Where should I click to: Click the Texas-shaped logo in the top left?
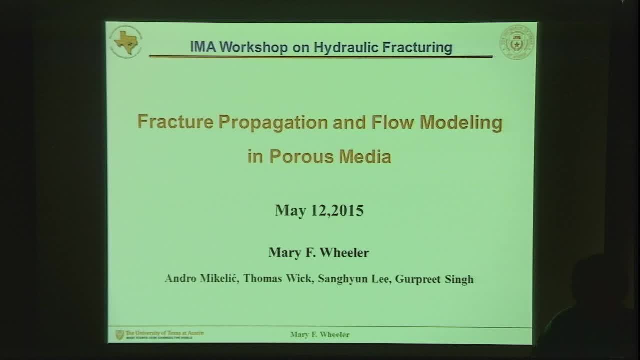(x=125, y=42)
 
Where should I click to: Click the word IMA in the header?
(x=203, y=47)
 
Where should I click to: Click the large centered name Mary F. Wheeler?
(x=319, y=252)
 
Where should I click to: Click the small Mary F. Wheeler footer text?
(x=320, y=335)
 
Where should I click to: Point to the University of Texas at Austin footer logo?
(x=160, y=334)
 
